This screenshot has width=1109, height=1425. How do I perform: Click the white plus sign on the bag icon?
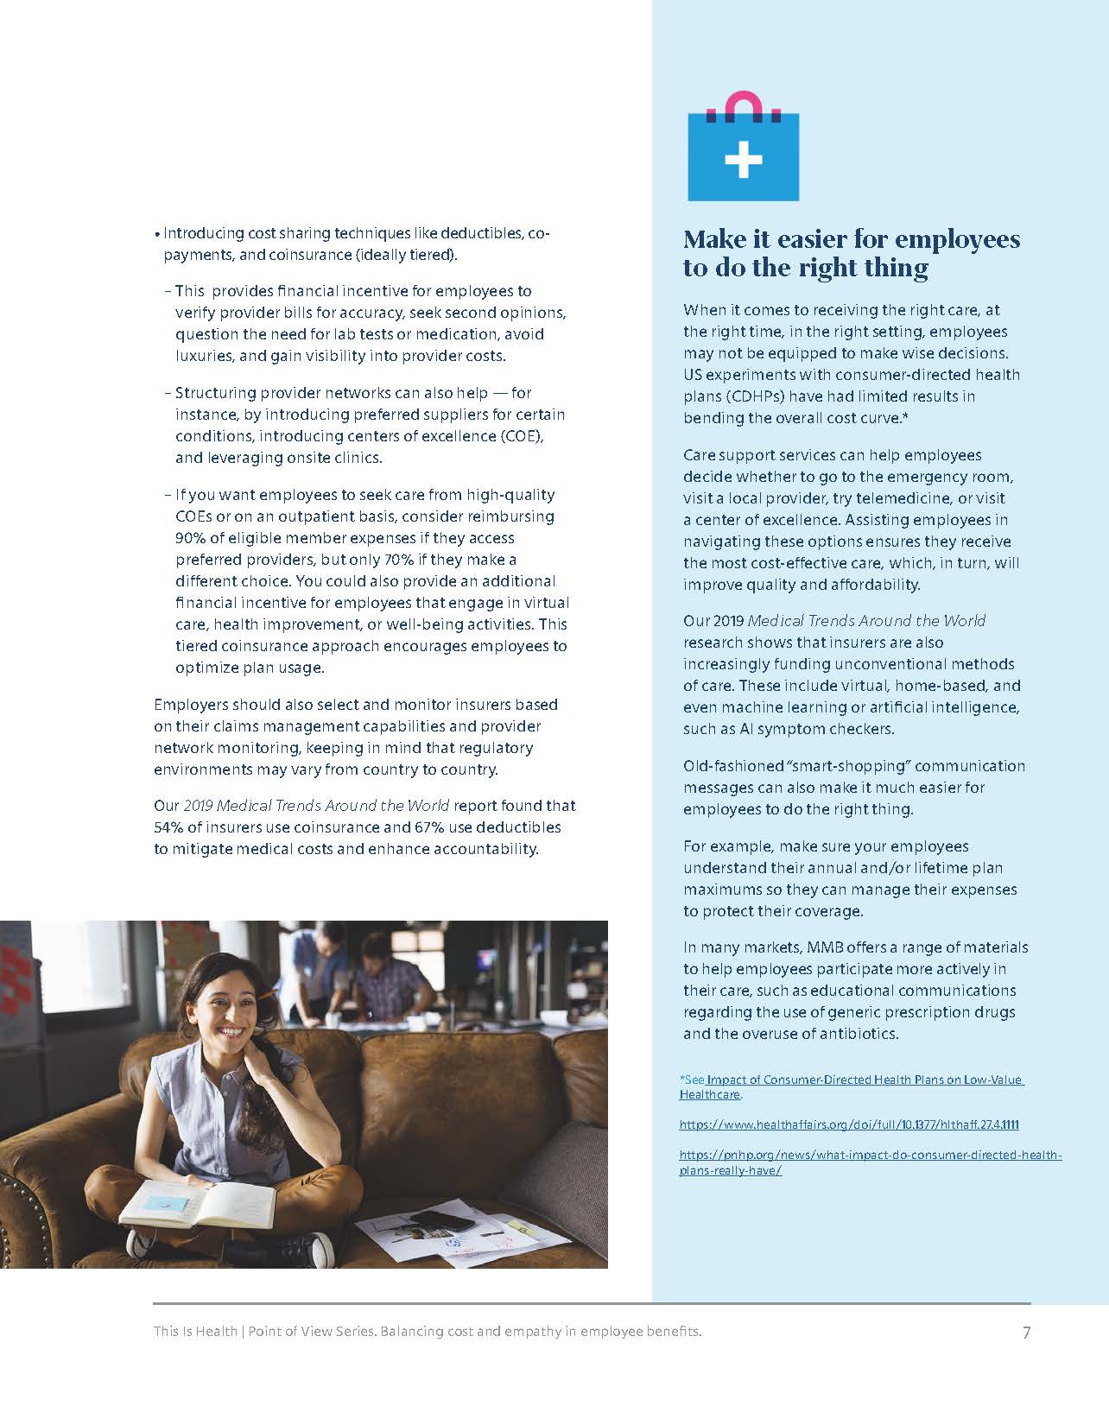tap(743, 160)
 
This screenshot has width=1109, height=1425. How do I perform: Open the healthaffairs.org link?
tap(849, 1124)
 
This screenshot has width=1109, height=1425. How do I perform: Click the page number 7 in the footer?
tap(1026, 1333)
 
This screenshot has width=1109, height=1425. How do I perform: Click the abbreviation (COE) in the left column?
tap(517, 436)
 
